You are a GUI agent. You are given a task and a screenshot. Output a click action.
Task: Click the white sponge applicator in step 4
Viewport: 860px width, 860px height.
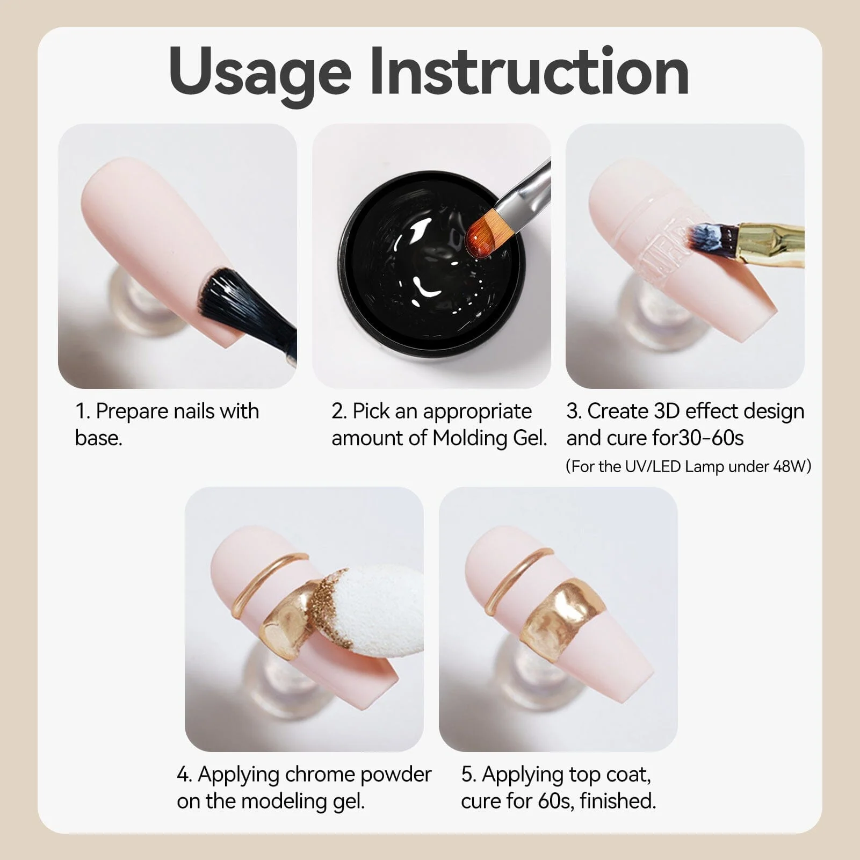tap(376, 602)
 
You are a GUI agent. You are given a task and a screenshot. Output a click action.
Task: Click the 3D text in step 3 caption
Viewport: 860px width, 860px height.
tap(667, 411)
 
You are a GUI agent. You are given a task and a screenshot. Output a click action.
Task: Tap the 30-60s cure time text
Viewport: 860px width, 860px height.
tap(711, 438)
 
